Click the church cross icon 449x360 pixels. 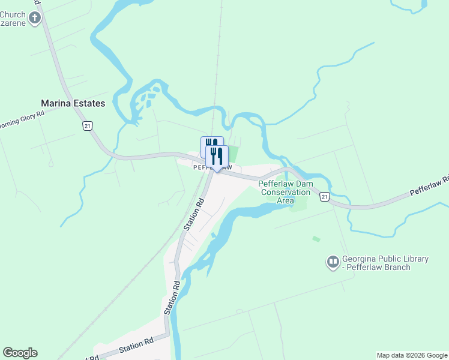[34, 17]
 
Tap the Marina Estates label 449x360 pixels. [73, 103]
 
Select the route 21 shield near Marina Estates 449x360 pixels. [88, 125]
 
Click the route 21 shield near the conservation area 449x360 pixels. [324, 197]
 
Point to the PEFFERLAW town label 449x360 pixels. [212, 168]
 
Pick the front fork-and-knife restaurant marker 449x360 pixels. [217, 157]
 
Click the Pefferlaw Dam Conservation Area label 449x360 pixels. [286, 192]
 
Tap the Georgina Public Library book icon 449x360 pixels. [333, 262]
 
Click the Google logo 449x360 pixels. [20, 353]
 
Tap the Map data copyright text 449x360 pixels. [412, 355]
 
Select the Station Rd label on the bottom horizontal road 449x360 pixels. [136, 345]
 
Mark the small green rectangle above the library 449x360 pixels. [316, 239]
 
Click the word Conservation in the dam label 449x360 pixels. [285, 192]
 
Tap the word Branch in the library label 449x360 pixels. [396, 267]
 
